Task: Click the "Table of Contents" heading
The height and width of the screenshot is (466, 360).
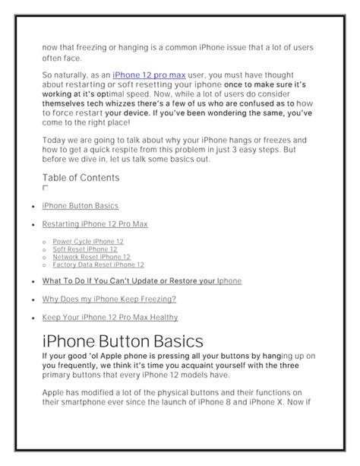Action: click(x=81, y=178)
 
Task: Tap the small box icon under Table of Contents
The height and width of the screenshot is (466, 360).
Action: click(x=45, y=187)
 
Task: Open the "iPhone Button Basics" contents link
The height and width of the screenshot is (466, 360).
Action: click(x=80, y=205)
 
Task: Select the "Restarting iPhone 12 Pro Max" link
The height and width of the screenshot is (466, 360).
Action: click(x=95, y=224)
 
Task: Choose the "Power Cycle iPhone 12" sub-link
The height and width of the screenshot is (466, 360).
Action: click(x=88, y=242)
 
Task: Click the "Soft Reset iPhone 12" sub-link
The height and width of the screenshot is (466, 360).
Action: click(x=85, y=249)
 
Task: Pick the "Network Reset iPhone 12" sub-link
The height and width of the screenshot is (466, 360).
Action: click(x=91, y=257)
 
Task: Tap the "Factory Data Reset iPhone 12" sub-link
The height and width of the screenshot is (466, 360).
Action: click(x=98, y=265)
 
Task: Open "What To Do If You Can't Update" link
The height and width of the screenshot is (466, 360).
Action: click(x=142, y=281)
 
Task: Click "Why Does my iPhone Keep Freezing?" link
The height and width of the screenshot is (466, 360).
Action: click(x=109, y=299)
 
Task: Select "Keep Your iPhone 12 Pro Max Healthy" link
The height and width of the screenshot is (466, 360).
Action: click(x=110, y=317)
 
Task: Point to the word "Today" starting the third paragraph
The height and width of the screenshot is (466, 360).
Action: click(x=55, y=140)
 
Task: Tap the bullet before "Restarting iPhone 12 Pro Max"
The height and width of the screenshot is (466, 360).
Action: click(x=30, y=225)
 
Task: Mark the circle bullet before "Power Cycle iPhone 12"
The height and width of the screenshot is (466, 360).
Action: click(x=46, y=243)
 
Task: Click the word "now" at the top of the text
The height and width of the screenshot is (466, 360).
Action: click(x=51, y=47)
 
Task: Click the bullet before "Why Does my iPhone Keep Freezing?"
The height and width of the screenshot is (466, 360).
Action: click(x=30, y=300)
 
